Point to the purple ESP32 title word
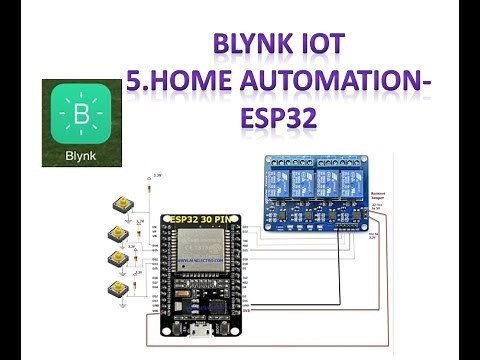278,117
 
